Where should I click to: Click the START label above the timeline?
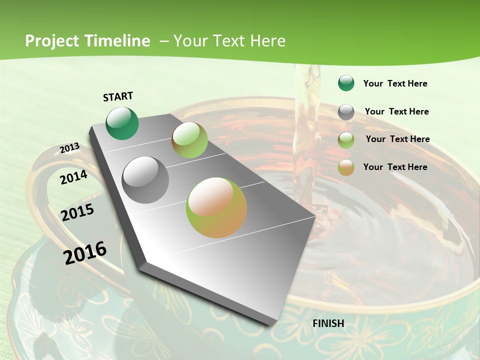coord(118,96)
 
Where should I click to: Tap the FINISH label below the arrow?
coord(328,323)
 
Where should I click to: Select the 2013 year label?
coord(69,148)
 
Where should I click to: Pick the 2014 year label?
coord(73,177)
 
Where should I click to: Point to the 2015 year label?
coord(77,212)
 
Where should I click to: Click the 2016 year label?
coord(85,252)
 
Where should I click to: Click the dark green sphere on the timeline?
coord(122,123)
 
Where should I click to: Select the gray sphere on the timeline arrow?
coord(145,180)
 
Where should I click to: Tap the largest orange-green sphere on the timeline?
coord(216,207)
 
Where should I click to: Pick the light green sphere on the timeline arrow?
coord(189,140)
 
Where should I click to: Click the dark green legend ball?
coord(346,83)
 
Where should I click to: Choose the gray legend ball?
coord(346,112)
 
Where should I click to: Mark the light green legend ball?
coord(346,140)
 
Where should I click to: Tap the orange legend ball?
coord(346,167)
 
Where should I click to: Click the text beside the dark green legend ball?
coord(395,83)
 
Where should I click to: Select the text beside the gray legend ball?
coord(396,111)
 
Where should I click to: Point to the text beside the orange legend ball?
coord(395,167)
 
